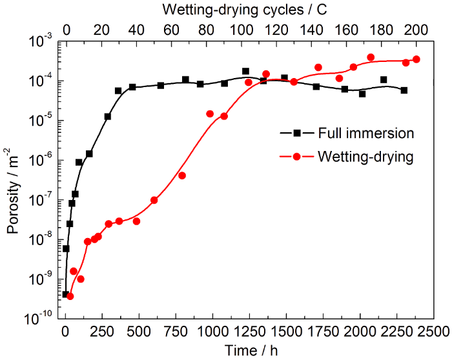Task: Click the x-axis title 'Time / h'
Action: (x=249, y=351)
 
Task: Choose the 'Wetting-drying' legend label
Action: (x=365, y=156)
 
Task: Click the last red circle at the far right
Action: (x=416, y=59)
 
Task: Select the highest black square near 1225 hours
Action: (x=245, y=71)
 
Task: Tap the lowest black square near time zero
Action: (x=65, y=294)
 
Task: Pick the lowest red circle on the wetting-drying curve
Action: (x=70, y=296)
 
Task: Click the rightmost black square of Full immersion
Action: (x=404, y=90)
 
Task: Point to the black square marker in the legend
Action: (x=296, y=133)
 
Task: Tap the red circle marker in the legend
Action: (x=296, y=156)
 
